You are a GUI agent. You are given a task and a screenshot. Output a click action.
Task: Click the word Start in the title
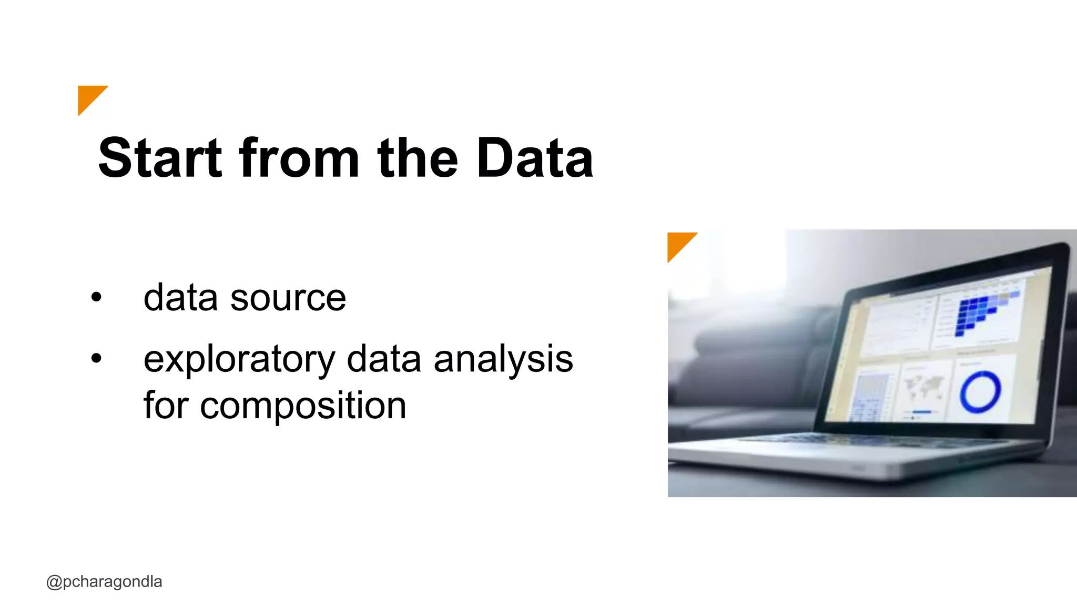[160, 158]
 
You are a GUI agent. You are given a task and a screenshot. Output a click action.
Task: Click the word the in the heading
[418, 158]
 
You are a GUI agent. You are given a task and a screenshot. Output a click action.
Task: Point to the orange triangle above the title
[89, 97]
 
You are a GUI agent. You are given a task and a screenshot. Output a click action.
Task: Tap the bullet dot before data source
[96, 297]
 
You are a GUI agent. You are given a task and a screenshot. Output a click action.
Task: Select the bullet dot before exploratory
[96, 359]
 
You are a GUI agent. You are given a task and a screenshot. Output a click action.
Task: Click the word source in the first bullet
[288, 298]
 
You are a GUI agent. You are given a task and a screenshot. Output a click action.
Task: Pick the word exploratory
[239, 360]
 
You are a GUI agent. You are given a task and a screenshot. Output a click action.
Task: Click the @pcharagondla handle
[104, 582]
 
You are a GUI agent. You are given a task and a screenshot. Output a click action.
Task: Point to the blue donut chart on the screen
[979, 392]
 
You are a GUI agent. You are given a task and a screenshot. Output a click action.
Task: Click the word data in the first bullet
[180, 298]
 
